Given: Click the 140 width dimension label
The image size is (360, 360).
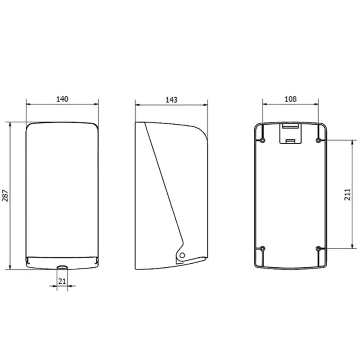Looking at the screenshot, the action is tap(62, 99).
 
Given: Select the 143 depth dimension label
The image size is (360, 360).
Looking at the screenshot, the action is tap(171, 99).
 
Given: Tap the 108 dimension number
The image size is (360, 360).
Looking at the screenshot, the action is tap(290, 99).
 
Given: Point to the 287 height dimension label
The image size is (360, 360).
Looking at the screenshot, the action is tap(5, 196).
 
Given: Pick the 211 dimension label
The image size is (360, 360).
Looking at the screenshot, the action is tap(347, 194).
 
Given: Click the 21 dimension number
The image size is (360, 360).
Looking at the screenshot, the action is tap(62, 281).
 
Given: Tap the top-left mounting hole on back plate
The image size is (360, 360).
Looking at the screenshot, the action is tap(263, 140).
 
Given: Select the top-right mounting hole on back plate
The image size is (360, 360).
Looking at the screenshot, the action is tap(318, 140).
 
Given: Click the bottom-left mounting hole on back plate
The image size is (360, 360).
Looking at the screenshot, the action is tap(263, 248).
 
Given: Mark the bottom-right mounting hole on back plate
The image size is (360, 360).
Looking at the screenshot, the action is tap(318, 248).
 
